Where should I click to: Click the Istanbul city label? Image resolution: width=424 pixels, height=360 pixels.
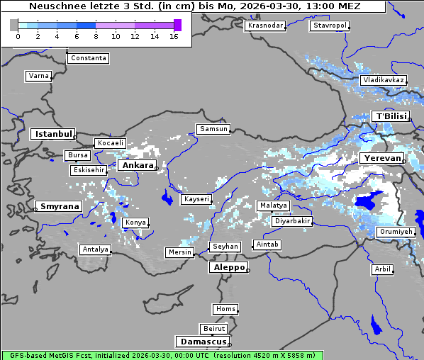(x=52, y=133)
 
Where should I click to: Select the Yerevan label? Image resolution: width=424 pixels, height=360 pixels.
(x=381, y=157)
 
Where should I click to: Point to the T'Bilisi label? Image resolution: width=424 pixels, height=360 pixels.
(x=391, y=116)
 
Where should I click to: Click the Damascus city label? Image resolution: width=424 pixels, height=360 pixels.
(x=202, y=342)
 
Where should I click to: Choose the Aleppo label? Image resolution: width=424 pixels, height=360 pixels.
(x=228, y=268)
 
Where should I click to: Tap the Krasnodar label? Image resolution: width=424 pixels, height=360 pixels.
(x=265, y=26)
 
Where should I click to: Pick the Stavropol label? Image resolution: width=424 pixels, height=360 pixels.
(x=330, y=26)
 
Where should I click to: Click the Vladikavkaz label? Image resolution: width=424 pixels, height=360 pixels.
(x=383, y=80)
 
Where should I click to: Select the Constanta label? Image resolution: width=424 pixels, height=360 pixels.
(x=89, y=58)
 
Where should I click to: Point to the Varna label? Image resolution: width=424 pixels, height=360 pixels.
(x=38, y=75)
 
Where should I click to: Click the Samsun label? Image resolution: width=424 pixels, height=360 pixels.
(x=213, y=129)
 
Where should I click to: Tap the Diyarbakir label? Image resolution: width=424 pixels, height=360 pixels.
(x=291, y=221)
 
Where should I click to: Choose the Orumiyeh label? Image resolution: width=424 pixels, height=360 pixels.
(x=394, y=232)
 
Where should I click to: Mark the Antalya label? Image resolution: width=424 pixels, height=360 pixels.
(x=95, y=249)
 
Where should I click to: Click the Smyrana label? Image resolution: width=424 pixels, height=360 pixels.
(x=59, y=206)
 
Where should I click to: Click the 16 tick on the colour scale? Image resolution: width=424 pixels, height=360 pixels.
(x=174, y=35)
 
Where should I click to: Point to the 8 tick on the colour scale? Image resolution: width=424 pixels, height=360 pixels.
(x=96, y=35)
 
